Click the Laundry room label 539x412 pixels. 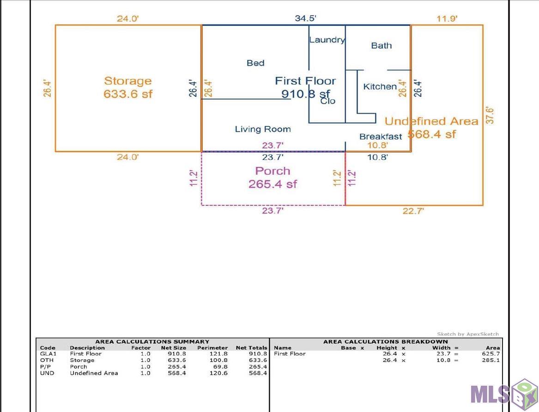click(x=327, y=40)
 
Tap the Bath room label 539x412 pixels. click(x=382, y=45)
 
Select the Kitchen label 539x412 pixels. click(x=380, y=86)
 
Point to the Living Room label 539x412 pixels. click(x=263, y=129)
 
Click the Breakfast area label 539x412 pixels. click(x=381, y=136)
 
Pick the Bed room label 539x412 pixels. click(x=255, y=63)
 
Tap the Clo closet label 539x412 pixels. click(x=328, y=101)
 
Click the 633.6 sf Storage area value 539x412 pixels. click(x=128, y=94)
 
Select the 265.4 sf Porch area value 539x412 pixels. click(x=273, y=184)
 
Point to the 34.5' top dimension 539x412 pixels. click(x=306, y=18)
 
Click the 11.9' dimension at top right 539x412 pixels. click(x=447, y=18)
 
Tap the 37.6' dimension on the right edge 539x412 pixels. click(x=490, y=115)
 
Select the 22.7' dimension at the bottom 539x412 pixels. click(x=413, y=211)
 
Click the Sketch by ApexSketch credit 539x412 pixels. click(x=468, y=334)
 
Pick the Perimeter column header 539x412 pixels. click(x=212, y=348)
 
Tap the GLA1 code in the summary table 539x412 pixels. click(x=48, y=354)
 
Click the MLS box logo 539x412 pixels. click(x=503, y=394)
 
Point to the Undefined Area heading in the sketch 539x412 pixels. click(x=431, y=121)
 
